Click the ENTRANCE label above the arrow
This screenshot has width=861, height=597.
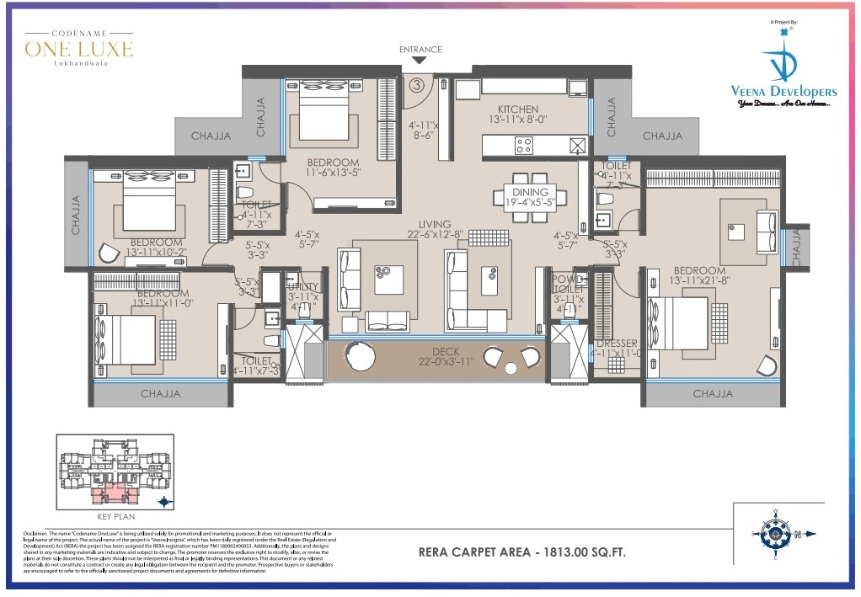click(x=420, y=50)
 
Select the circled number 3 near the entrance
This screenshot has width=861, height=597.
click(x=416, y=84)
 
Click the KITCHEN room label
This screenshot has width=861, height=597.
click(x=517, y=109)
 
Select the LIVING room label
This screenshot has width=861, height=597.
click(x=435, y=225)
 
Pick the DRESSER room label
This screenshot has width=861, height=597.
click(x=616, y=344)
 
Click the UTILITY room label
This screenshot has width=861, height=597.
click(x=302, y=287)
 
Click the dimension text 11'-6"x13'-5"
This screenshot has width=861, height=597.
click(x=332, y=173)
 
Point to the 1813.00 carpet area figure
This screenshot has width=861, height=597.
click(x=572, y=553)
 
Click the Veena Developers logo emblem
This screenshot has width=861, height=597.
click(x=783, y=61)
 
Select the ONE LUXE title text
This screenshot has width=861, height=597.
click(x=79, y=49)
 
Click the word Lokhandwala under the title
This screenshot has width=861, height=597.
click(x=79, y=63)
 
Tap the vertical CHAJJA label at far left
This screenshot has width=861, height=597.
click(x=76, y=215)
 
